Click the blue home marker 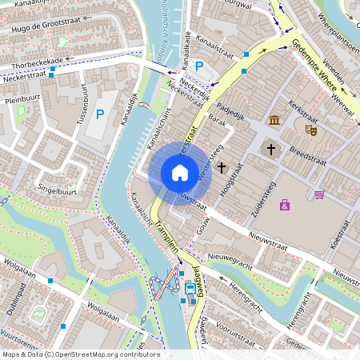click(180, 173)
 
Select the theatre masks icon click(310, 128)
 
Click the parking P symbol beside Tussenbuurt click(100, 114)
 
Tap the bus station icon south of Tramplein click(190, 289)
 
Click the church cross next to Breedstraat click(271, 149)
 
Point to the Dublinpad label click(13, 298)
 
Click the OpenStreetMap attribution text click(80, 354)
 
